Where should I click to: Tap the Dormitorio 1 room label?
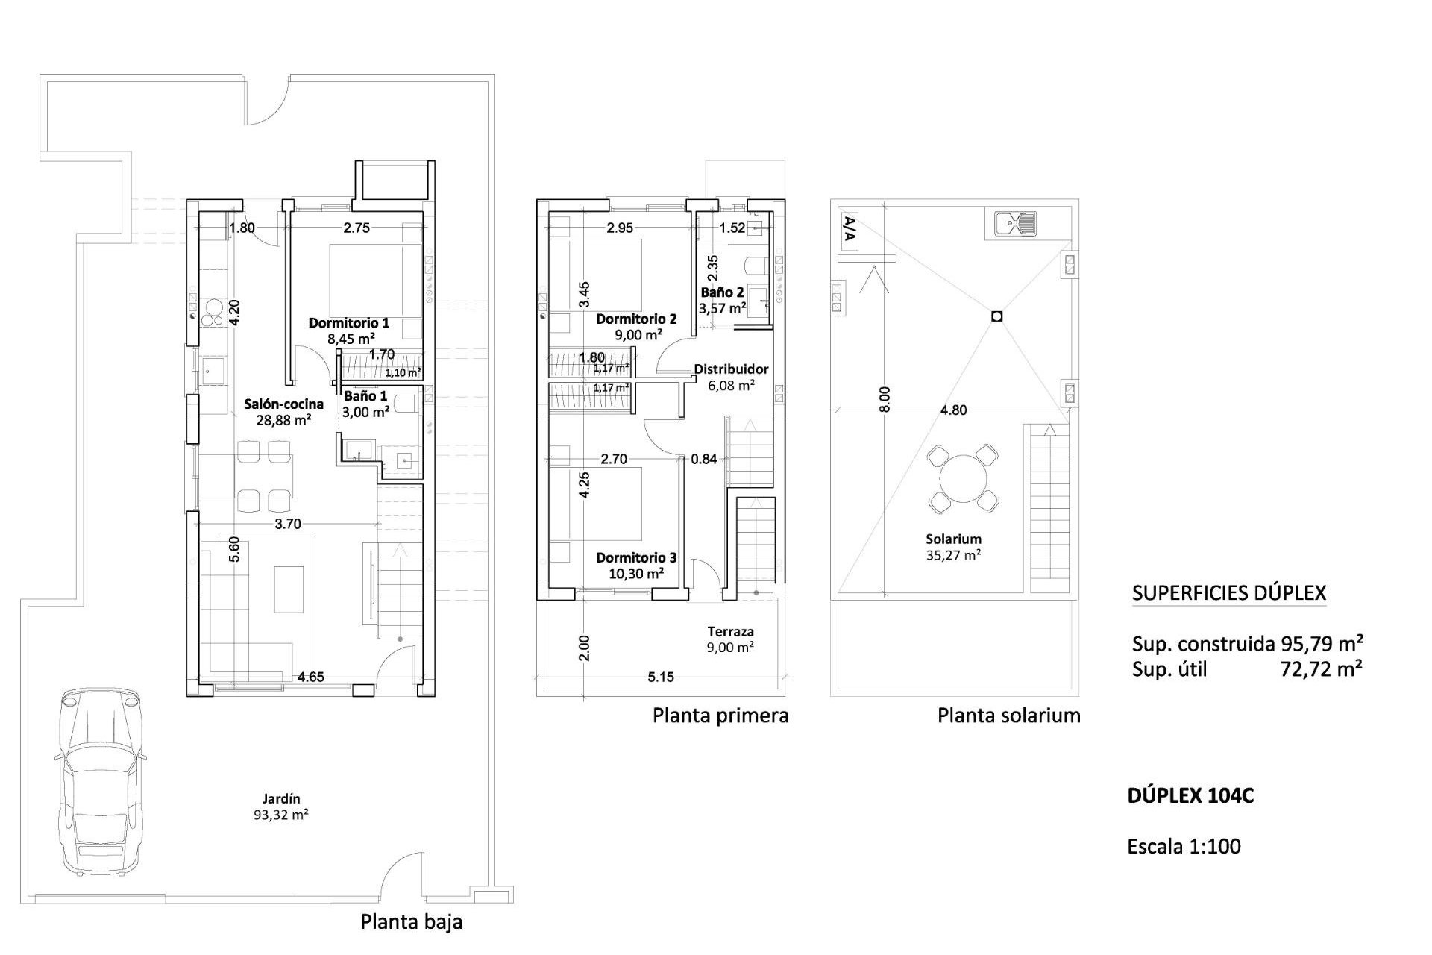pos(348,323)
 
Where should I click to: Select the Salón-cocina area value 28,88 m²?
pos(283,420)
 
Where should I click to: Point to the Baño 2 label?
pos(722,292)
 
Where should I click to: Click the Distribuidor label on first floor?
pos(730,369)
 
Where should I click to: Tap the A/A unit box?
pos(849,231)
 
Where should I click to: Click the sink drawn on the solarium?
pos(1015,222)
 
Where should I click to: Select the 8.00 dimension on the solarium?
pos(885,399)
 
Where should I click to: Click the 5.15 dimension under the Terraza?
pos(661,677)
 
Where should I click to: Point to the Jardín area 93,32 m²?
pos(281,815)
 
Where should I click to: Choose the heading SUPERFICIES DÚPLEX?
pos(1229,593)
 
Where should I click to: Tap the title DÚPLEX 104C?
pos(1190,795)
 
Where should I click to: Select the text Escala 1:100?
pos(1184,846)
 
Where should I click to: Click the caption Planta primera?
pos(720,716)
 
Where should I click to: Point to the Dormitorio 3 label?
pos(636,557)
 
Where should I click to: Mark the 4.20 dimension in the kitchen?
pos(234,311)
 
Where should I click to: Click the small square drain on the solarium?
pos(997,316)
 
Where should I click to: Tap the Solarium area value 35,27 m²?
pos(953,555)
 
